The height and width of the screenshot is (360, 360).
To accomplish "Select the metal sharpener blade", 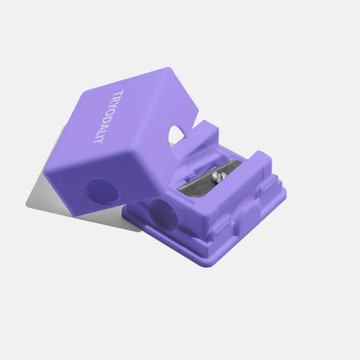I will (x=212, y=177).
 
